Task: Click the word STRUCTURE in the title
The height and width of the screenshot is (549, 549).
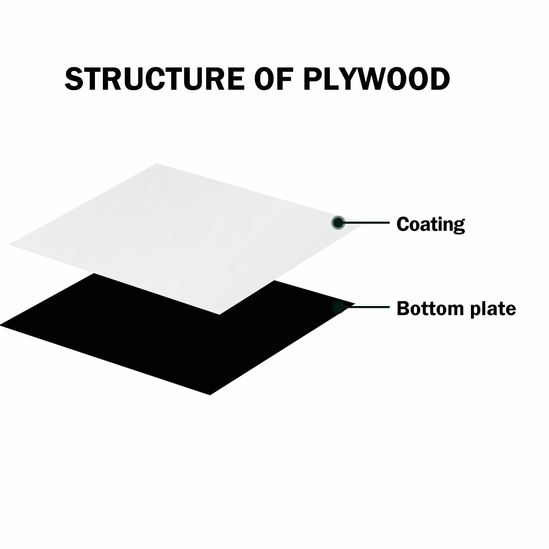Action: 155,78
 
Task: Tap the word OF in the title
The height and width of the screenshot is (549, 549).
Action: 273,78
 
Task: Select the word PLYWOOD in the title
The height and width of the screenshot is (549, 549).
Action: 377,78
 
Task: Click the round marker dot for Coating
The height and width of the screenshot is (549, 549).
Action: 338,223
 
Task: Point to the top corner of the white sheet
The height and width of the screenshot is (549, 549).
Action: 157,163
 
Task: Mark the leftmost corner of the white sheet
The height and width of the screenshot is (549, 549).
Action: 9,245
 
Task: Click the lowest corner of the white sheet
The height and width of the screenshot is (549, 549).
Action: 220,315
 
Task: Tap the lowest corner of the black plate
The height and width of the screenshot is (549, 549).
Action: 210,395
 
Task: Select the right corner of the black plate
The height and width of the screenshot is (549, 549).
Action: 355,304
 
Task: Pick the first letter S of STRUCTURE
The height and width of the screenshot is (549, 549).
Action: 74,78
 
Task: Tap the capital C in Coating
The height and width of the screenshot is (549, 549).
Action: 403,224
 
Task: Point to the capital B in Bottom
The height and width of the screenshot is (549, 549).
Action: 403,308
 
